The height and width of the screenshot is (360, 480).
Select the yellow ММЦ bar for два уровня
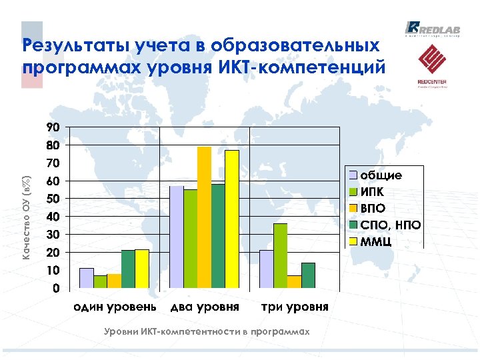coord(231,220)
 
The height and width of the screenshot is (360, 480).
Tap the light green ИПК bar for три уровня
coord(280,256)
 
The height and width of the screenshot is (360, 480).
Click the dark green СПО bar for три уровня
coord(308,276)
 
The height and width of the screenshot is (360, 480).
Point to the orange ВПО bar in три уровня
coord(294,282)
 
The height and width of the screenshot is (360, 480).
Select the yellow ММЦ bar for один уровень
coord(141,269)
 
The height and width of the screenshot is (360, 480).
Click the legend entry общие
coord(381,175)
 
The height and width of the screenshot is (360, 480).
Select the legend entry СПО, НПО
coord(390,224)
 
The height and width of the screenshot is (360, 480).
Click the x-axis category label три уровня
coord(294,307)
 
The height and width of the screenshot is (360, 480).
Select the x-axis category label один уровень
coord(115,307)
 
